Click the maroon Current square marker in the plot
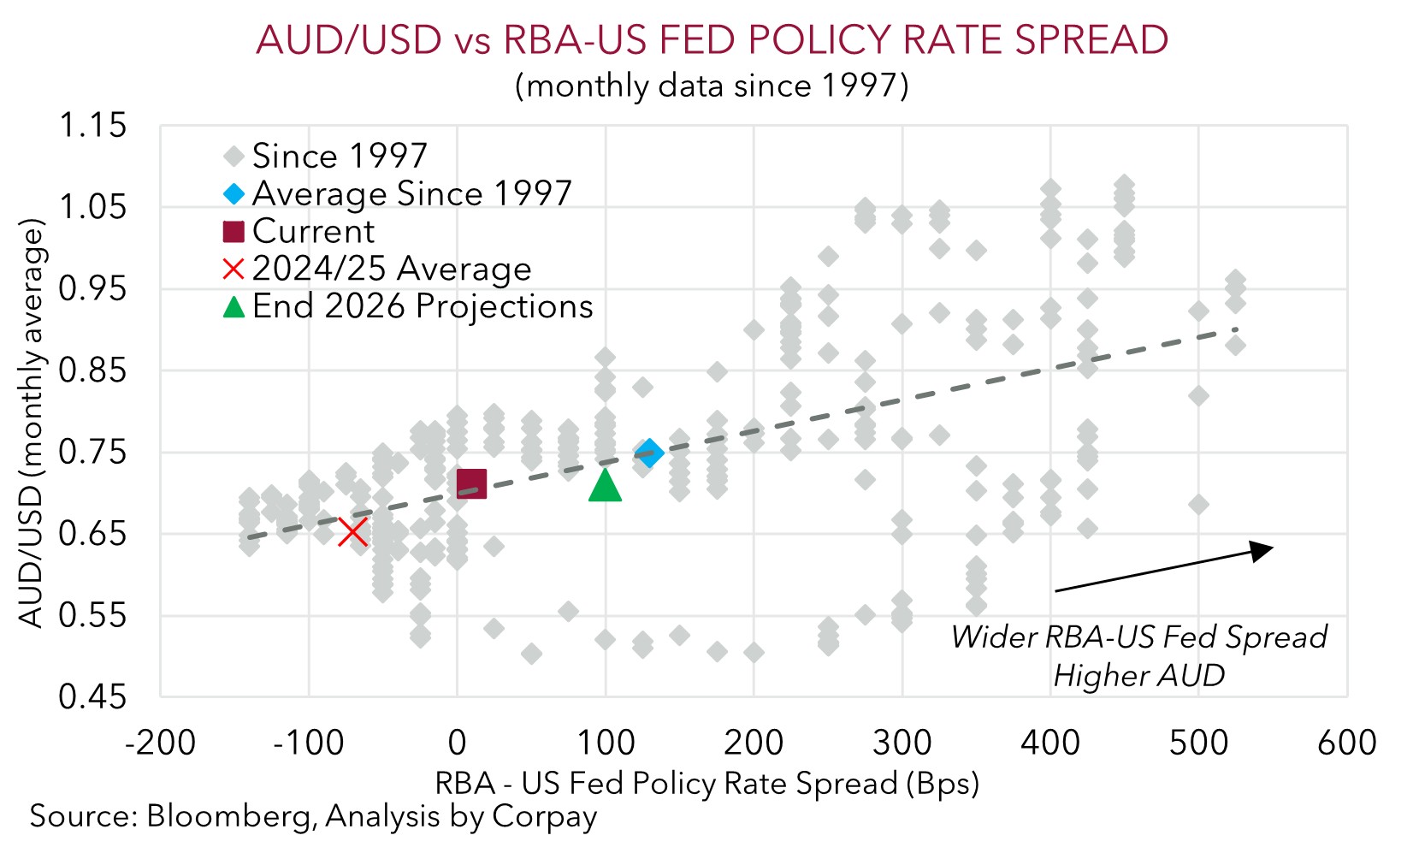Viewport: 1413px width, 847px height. [471, 483]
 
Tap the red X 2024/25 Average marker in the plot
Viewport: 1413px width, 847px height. [353, 532]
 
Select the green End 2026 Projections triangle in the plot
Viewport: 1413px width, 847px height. [605, 485]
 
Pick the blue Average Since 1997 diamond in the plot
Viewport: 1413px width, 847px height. [649, 453]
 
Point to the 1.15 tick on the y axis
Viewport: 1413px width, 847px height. [92, 126]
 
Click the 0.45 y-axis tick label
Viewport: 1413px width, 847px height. [92, 697]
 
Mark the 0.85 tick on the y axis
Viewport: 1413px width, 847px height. [92, 370]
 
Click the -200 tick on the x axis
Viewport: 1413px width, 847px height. [161, 743]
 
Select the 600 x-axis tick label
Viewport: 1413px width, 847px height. [1347, 743]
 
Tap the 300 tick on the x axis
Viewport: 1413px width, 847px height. [902, 743]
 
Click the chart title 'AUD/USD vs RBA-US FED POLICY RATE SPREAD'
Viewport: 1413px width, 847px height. [712, 40]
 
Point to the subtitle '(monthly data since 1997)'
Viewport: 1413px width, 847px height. [712, 86]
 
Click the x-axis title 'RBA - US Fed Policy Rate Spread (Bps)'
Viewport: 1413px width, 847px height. [706, 784]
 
